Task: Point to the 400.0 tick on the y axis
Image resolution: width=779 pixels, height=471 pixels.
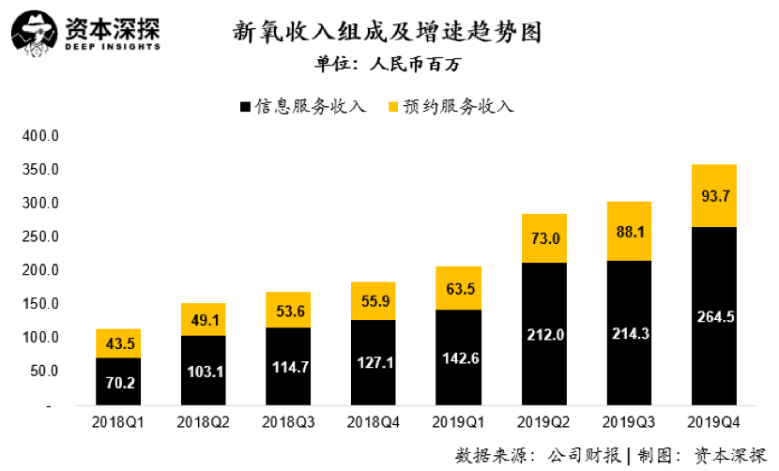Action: click(40, 136)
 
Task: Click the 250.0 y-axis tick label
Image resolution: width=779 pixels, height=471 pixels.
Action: click(40, 236)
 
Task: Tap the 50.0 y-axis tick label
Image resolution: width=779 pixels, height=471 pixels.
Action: click(43, 371)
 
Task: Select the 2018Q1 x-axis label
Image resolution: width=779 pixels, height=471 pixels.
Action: click(117, 422)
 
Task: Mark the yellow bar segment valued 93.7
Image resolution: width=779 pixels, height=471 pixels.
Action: click(713, 195)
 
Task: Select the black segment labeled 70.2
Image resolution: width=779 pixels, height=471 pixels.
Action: click(117, 382)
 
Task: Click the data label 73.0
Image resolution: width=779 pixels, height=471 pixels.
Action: click(543, 238)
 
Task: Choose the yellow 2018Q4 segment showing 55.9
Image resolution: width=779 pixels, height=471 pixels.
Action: click(373, 300)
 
